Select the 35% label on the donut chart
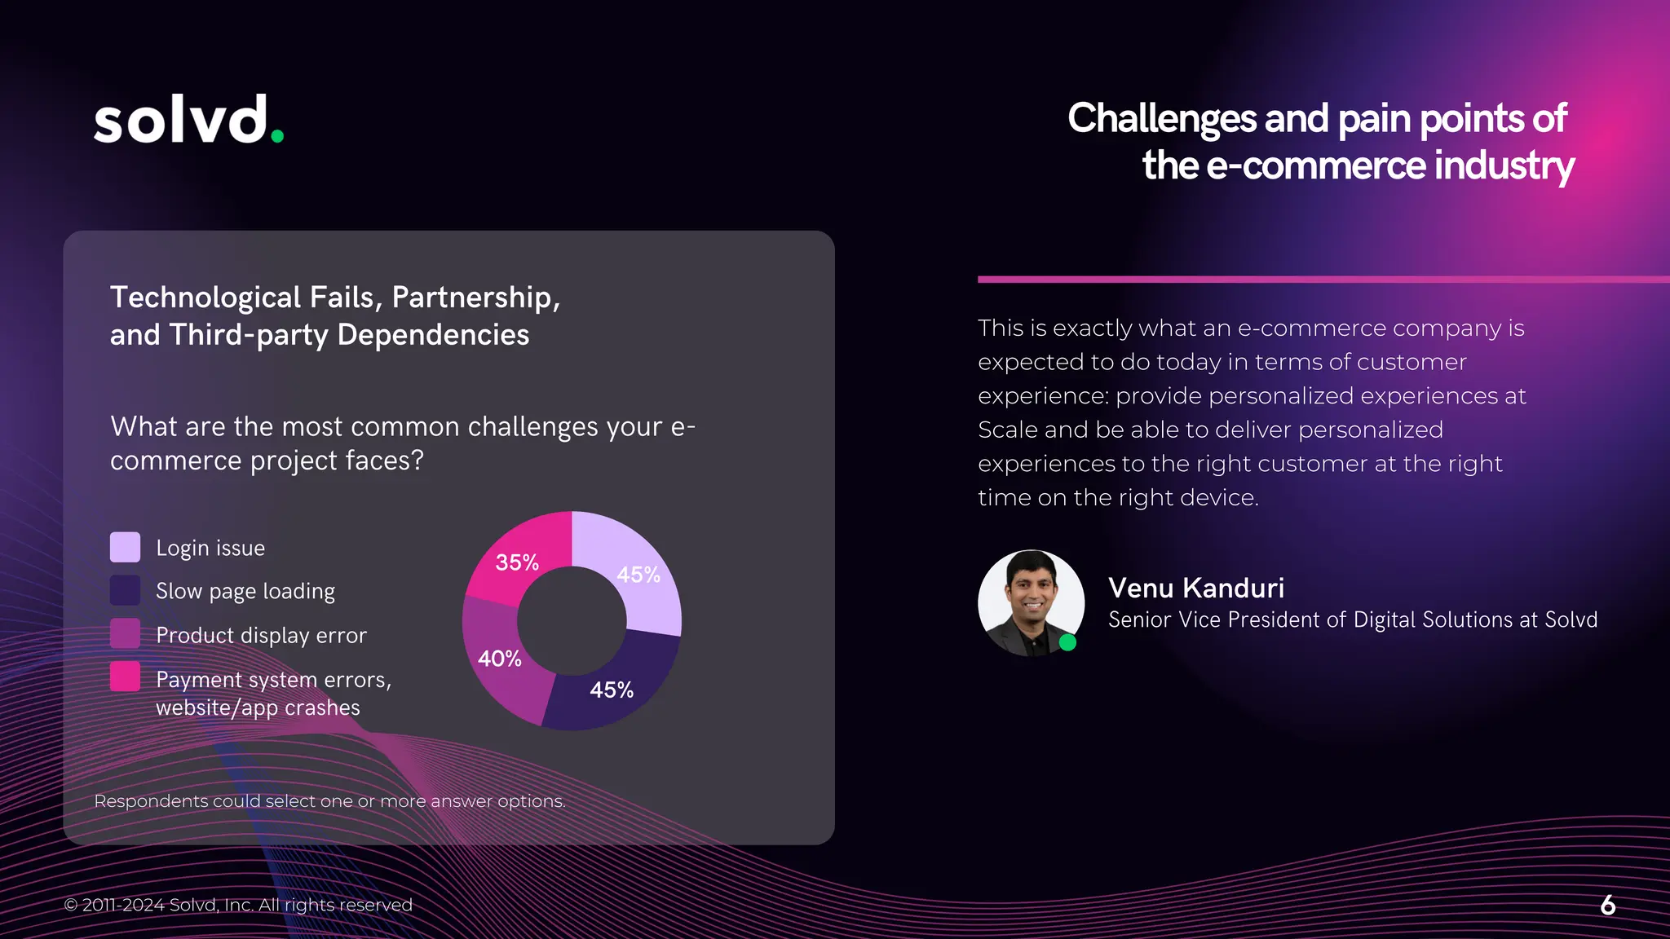517,562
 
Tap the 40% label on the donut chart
499,659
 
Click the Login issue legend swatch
125,548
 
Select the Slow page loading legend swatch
125,591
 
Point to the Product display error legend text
261,635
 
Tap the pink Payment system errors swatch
125,677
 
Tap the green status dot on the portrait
1067,642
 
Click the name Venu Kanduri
1195,588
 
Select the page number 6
1608,905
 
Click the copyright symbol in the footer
71,905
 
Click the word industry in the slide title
1504,165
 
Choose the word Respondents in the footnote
151,801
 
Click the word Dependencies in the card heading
433,335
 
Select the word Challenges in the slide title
1162,119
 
